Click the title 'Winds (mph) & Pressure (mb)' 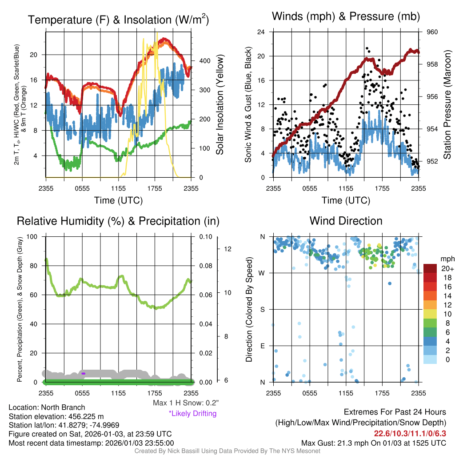[x=346, y=16]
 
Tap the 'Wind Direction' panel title [x=346, y=221]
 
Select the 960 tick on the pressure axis [x=432, y=32]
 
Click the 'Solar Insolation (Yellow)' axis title [x=220, y=104]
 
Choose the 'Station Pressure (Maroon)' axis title [x=447, y=104]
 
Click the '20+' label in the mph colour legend [x=444, y=268]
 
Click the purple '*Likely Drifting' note [x=192, y=413]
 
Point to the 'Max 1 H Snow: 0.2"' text [x=185, y=403]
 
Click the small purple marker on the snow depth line [x=83, y=374]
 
